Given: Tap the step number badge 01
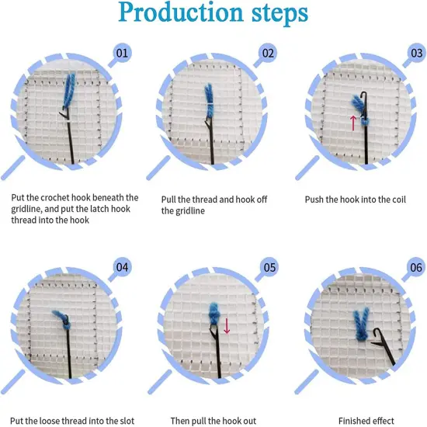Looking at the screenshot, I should point(122,54).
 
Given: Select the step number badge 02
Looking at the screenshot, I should point(269,54).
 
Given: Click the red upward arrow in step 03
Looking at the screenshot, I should point(352,122).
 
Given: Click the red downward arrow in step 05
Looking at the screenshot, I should point(227,325).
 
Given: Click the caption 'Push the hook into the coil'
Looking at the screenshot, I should point(356,199).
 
